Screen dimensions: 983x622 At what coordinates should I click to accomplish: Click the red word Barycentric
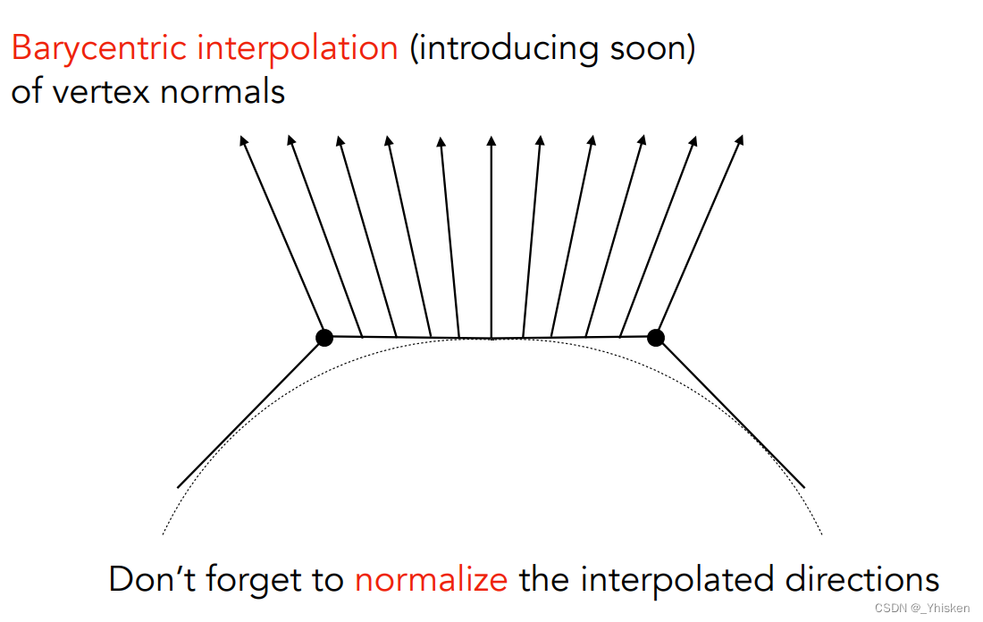99,49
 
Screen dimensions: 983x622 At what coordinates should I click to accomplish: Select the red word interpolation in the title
298,49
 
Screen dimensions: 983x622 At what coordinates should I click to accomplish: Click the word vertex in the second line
102,91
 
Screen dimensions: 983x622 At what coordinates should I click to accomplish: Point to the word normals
223,91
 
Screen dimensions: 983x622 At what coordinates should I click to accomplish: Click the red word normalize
432,579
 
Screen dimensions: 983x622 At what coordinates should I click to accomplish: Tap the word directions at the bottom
862,579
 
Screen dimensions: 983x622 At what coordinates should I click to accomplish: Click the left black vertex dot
324,337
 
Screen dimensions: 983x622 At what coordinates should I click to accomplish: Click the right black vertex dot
656,337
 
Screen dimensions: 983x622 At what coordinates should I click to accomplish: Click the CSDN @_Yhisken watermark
921,609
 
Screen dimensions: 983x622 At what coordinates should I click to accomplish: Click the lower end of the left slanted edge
178,487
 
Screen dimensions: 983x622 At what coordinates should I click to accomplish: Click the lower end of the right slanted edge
804,487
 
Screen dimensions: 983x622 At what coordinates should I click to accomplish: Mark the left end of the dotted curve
163,534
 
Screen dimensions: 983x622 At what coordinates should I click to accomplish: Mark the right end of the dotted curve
821,534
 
